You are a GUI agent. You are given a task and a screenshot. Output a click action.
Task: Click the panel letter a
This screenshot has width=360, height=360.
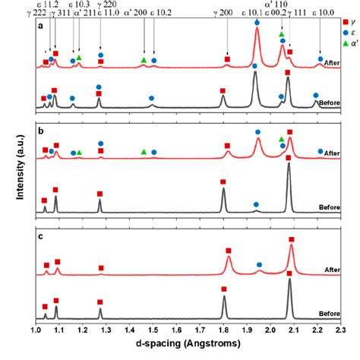click(39, 27)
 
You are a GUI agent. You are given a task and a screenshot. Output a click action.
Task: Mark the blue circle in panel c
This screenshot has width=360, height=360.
click(259, 264)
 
